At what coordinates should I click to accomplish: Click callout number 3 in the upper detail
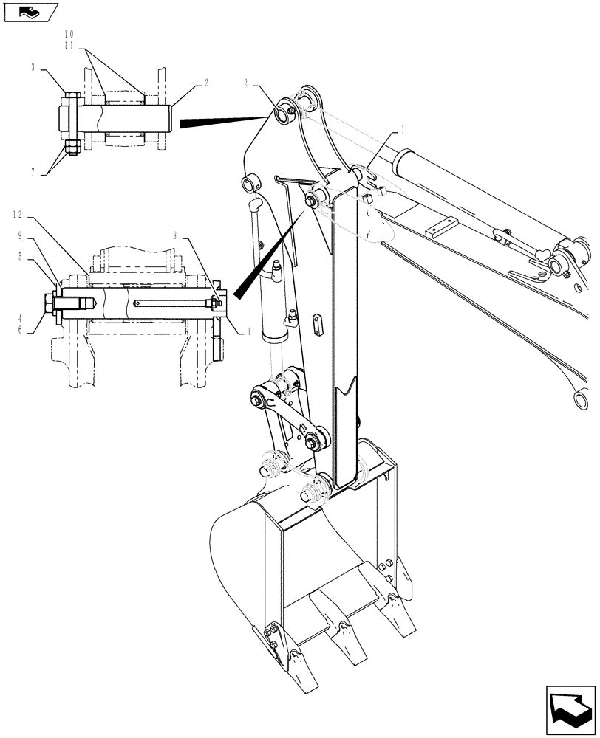pos(34,67)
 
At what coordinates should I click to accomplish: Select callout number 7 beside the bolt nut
pos(33,171)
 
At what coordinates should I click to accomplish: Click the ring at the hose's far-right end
pos(581,399)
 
